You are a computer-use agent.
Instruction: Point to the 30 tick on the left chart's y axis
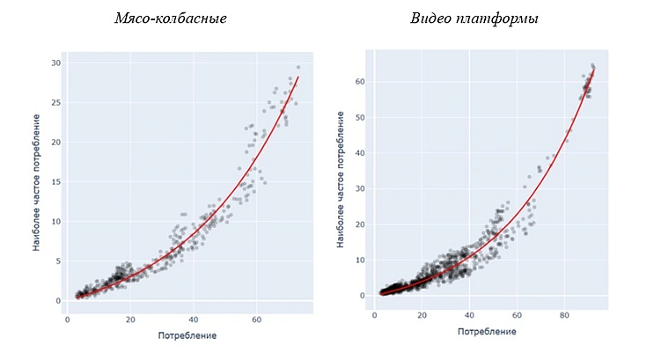point(55,63)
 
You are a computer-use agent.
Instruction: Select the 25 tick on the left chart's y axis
point(55,103)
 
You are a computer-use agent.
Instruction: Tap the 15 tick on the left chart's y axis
point(55,182)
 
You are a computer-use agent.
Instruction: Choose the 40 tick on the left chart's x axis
point(194,320)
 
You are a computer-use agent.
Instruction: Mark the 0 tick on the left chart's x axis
point(68,320)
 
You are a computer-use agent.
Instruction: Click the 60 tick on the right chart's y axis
point(361,82)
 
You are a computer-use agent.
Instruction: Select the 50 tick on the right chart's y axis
point(361,117)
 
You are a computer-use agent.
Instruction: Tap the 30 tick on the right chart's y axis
point(361,188)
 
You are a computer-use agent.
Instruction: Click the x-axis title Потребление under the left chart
point(187,335)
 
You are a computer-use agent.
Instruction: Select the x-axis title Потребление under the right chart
point(487,331)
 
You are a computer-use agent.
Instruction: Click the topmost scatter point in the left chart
point(298,67)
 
